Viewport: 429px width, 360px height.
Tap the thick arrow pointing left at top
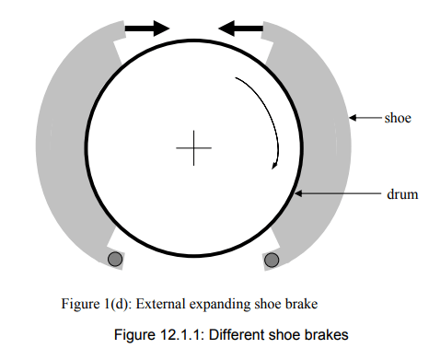239,29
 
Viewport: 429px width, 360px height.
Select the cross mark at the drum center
193,147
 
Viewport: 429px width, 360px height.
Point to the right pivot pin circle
272,261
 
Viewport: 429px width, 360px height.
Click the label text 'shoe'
397,118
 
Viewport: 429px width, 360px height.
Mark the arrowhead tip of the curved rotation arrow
272,168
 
